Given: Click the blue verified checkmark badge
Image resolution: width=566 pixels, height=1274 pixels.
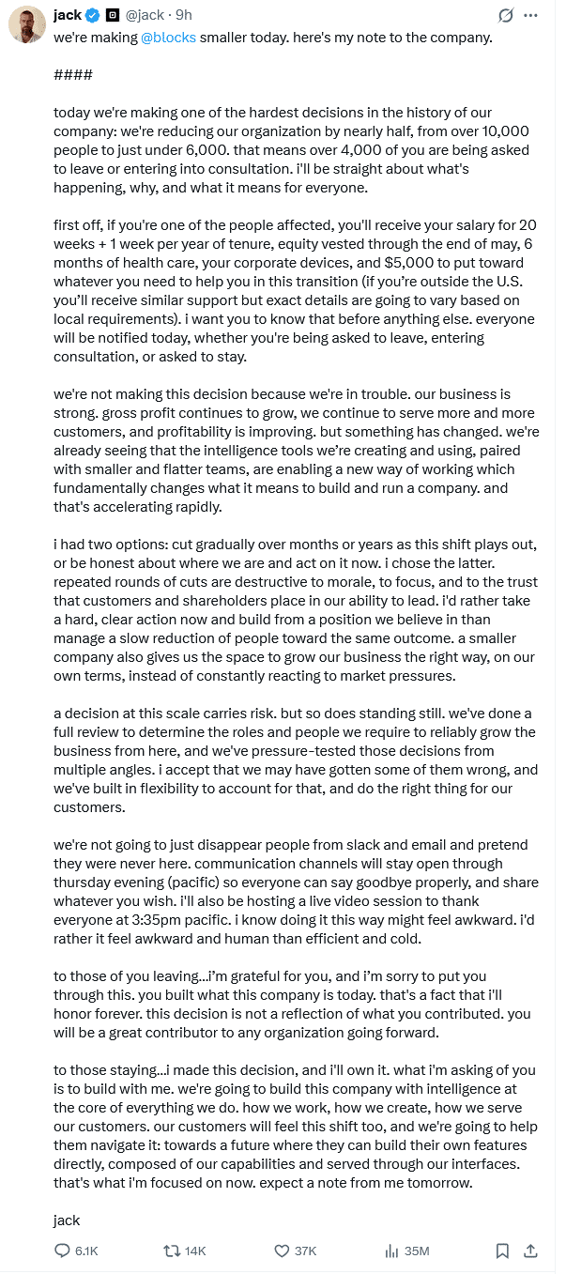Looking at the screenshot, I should click(x=93, y=15).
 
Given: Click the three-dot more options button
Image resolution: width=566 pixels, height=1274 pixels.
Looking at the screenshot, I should click(x=531, y=15).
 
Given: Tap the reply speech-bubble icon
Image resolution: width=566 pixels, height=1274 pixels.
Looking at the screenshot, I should click(x=63, y=1251).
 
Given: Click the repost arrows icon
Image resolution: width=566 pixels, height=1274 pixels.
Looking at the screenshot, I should click(x=172, y=1251).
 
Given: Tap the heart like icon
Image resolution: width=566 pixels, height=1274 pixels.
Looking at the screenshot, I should click(x=282, y=1251).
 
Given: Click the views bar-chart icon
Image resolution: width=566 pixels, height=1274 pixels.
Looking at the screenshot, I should click(x=391, y=1251).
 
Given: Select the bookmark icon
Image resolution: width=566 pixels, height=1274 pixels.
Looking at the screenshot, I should click(x=502, y=1251).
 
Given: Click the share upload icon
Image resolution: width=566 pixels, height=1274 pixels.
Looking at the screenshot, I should click(x=530, y=1251).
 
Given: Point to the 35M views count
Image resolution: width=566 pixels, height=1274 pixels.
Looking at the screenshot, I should click(x=417, y=1251).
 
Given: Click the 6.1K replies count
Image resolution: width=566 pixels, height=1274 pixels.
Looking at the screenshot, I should click(x=86, y=1251).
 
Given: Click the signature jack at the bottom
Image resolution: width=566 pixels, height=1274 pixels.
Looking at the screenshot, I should click(x=67, y=1220).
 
